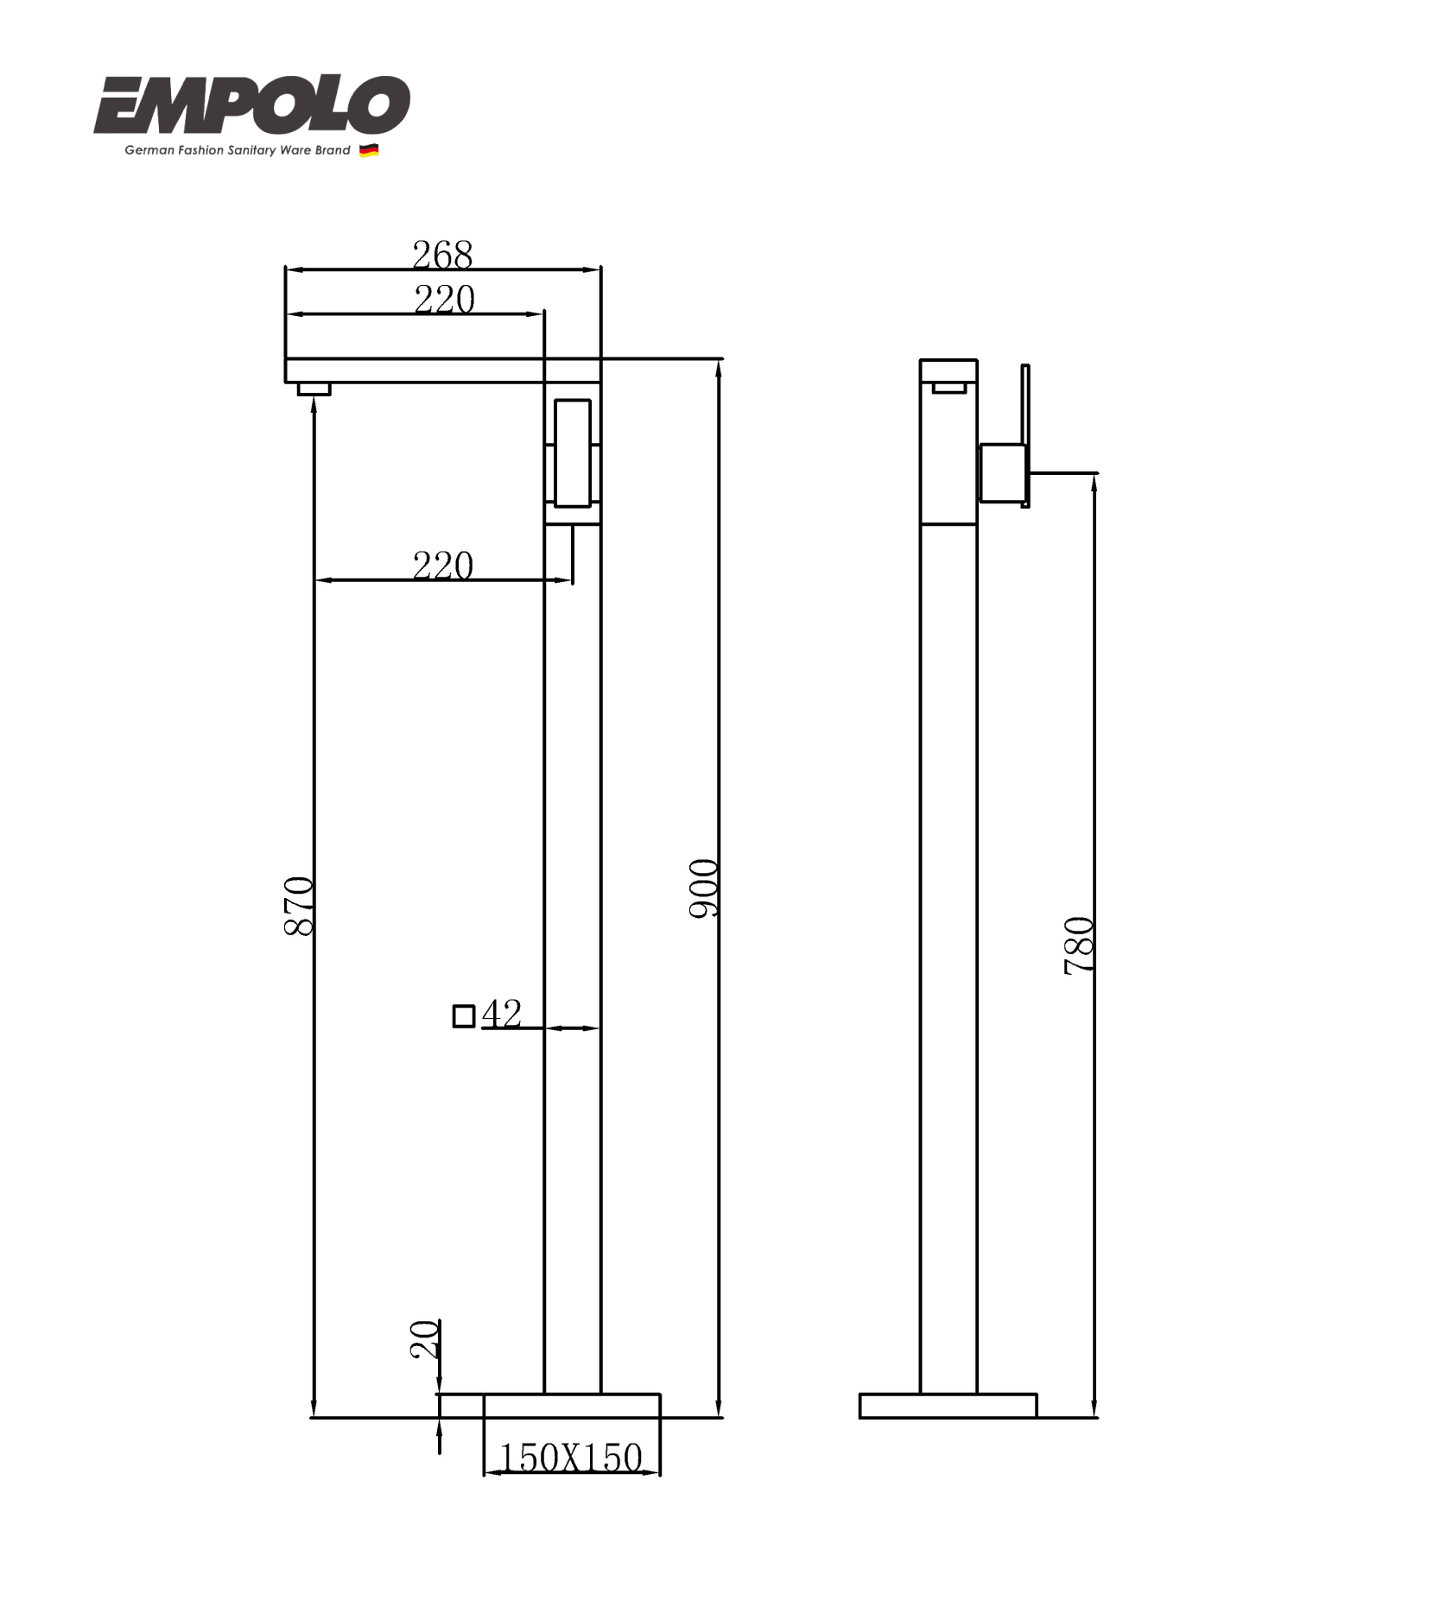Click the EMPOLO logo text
(x=251, y=105)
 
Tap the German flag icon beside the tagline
(x=369, y=150)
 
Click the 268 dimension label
(x=442, y=255)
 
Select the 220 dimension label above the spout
(x=444, y=300)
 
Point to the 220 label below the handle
(x=442, y=566)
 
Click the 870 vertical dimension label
(x=299, y=906)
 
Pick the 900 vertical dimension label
(x=703, y=889)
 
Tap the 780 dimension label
(x=1078, y=946)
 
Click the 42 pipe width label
(x=502, y=1013)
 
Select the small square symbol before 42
(x=464, y=1016)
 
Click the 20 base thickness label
(x=424, y=1338)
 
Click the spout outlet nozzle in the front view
(x=314, y=389)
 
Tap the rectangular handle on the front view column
(x=572, y=453)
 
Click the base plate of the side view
(x=948, y=1406)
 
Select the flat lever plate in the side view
(x=1025, y=435)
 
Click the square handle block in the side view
(x=1002, y=472)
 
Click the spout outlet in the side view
(x=948, y=387)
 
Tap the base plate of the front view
(x=571, y=1406)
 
